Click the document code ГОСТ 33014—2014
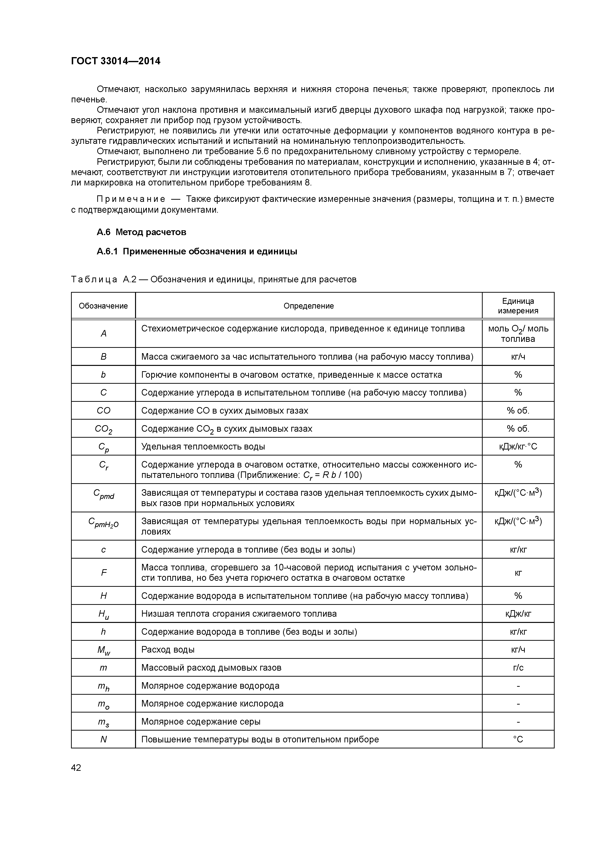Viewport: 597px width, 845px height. point(116,61)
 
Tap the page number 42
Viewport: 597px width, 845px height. point(76,768)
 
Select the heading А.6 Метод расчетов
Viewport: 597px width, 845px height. point(141,232)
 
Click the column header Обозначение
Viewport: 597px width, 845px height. point(103,306)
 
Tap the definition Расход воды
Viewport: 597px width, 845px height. point(168,650)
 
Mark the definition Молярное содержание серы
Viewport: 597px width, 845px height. point(201,721)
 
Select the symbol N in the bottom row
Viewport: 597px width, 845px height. point(103,739)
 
